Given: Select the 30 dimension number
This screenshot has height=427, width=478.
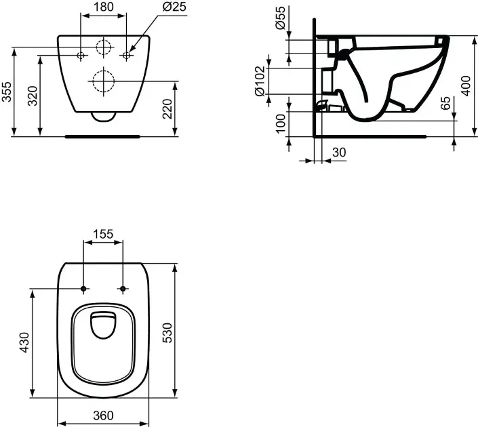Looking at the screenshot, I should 339,153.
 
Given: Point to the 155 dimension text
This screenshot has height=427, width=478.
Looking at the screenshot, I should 103,235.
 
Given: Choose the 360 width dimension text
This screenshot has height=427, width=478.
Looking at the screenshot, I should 103,415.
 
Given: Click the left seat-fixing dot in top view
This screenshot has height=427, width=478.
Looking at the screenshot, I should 83,289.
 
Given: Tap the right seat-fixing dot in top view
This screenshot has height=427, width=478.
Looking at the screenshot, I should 123,289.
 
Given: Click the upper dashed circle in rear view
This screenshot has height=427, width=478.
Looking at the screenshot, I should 103,47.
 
